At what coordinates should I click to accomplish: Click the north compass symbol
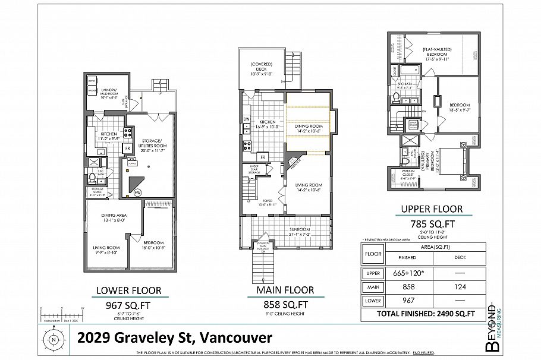coord(54,340)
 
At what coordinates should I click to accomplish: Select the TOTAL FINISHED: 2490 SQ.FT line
coord(426,314)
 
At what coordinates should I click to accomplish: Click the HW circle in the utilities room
coord(137,192)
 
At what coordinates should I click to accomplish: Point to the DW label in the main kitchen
coord(246,119)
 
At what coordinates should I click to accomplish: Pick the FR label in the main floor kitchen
coord(262,156)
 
